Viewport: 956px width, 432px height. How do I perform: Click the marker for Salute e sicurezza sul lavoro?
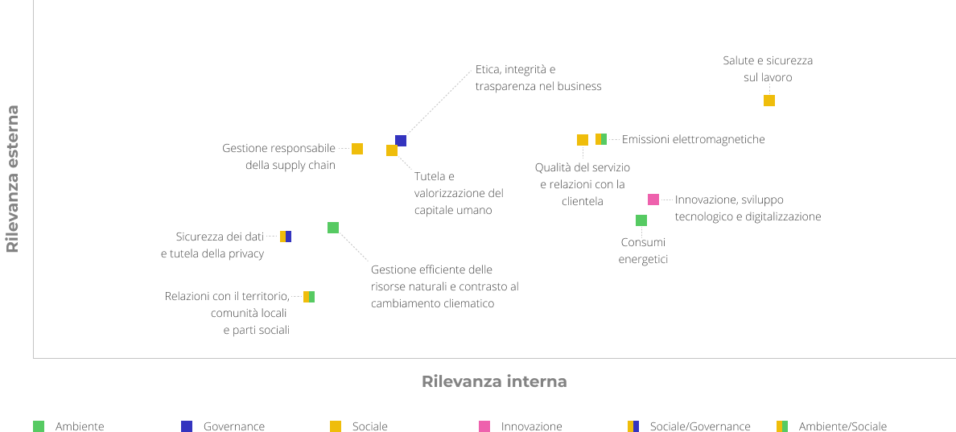coord(769,101)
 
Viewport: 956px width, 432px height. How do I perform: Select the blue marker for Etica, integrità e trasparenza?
coord(401,141)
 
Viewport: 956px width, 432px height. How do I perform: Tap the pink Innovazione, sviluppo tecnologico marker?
coord(653,200)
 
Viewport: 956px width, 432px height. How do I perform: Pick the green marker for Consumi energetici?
coord(641,220)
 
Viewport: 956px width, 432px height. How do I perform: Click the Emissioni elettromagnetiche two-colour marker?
coord(601,139)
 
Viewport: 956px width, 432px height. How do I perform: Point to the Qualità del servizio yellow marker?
coord(583,140)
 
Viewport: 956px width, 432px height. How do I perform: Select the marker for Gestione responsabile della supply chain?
coord(357,149)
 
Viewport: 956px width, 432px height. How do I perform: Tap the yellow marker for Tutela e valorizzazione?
coord(392,150)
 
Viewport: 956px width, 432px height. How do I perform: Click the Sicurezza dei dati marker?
coord(286,237)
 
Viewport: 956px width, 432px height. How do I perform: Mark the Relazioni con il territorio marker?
coord(309,297)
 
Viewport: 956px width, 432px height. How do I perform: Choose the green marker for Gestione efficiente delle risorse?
coord(333,228)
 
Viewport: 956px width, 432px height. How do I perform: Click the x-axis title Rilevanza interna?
coord(494,381)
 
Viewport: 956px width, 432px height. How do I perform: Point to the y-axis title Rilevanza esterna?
coord(12,179)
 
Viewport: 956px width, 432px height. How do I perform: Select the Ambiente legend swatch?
coord(39,426)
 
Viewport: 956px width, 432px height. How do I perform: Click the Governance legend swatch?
coord(187,426)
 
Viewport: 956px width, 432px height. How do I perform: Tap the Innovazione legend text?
coord(531,426)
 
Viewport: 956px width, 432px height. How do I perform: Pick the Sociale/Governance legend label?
coord(700,426)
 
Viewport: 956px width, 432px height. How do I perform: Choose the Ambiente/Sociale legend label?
coord(843,426)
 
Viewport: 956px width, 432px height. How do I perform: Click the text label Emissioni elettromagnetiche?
coord(693,139)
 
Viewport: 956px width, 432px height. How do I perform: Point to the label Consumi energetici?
coord(643,250)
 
